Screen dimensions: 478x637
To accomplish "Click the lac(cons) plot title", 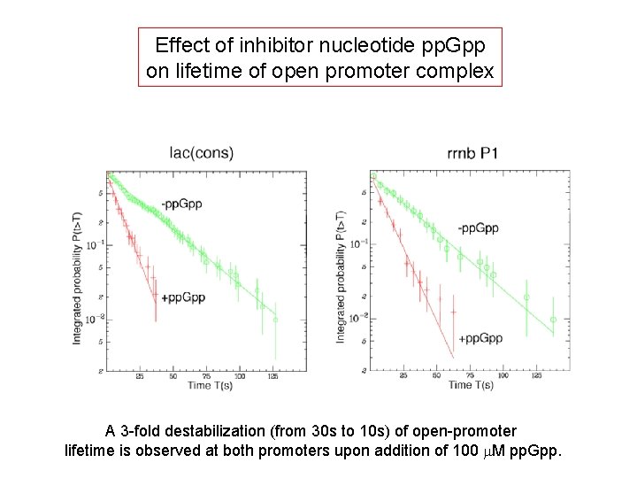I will tap(202, 152).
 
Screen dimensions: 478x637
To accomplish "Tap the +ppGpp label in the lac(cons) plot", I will tap(183, 297).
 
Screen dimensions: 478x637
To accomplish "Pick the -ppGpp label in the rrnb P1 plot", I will tap(478, 228).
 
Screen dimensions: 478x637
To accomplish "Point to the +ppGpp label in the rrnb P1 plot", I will tap(481, 339).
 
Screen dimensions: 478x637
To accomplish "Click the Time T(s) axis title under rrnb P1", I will tap(472, 385).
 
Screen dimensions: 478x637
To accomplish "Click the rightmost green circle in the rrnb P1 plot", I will tap(553, 320).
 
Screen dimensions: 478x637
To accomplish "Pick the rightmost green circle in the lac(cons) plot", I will tap(275, 320).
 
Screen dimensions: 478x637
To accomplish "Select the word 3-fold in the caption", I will tap(142, 432).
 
